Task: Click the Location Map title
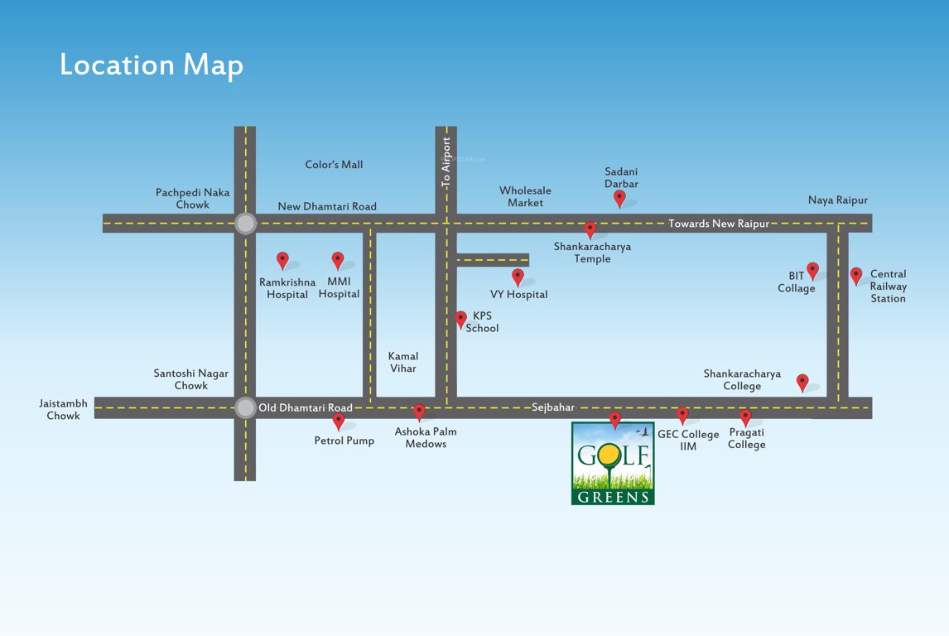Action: click(x=152, y=65)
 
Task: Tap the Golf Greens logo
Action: click(x=613, y=463)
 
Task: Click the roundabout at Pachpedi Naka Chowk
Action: click(x=245, y=223)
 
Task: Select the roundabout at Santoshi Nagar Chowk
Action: click(x=245, y=407)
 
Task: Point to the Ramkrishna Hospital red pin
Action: click(x=282, y=260)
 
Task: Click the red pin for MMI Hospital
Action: click(x=338, y=260)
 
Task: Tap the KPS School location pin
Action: click(x=461, y=319)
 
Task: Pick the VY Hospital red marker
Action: click(x=518, y=277)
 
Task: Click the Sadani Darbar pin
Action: click(x=619, y=198)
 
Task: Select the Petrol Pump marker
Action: click(x=338, y=422)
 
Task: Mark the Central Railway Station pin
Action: click(x=856, y=275)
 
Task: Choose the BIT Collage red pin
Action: click(x=812, y=270)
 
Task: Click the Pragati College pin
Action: click(x=745, y=417)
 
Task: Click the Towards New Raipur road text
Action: click(x=719, y=224)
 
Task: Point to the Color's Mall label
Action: click(x=334, y=165)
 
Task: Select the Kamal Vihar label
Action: click(x=403, y=362)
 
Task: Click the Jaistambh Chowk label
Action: click(x=63, y=409)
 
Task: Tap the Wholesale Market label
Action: click(x=525, y=196)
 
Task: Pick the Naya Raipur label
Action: click(x=838, y=200)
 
